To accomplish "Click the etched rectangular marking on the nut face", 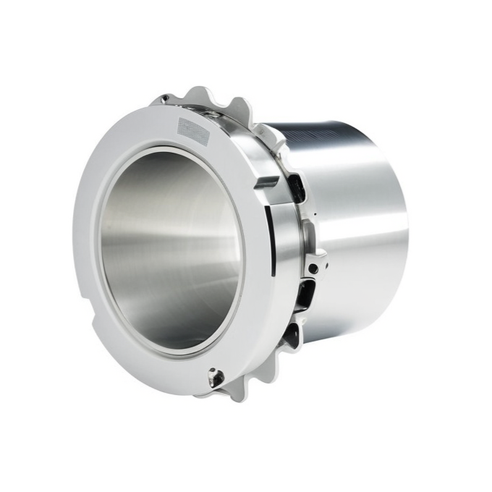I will click(193, 131).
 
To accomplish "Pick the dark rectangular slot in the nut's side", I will click(267, 181).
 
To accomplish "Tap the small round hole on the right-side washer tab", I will click(313, 268).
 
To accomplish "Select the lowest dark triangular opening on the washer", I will click(292, 335).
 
